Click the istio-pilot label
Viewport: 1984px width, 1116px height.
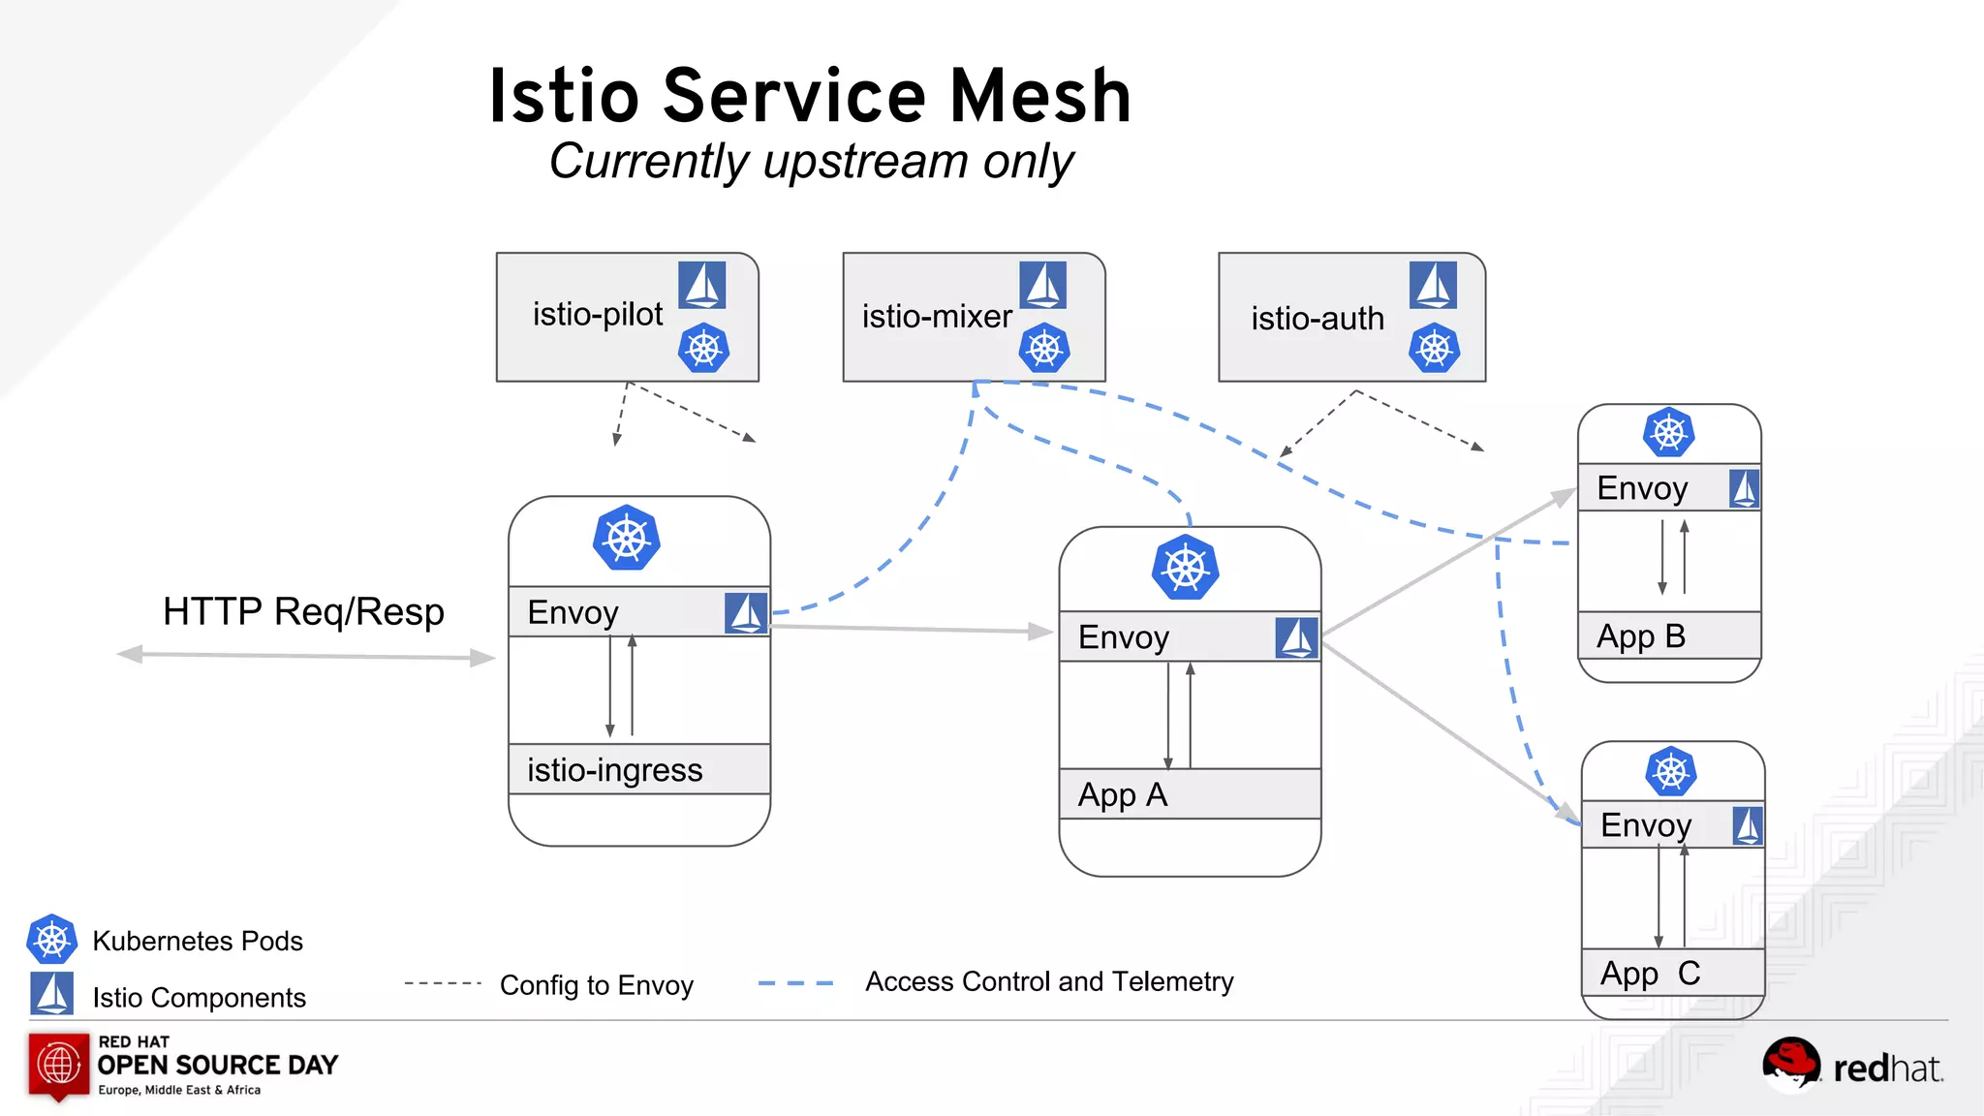pos(598,315)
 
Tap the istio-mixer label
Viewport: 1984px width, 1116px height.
pos(937,317)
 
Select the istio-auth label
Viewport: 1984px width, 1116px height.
pos(1317,319)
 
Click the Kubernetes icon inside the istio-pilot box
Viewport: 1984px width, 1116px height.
pos(703,349)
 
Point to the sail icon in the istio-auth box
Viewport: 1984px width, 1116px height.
pos(1433,285)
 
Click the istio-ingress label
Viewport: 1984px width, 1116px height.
pos(614,770)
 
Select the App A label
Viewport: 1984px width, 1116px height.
pos(1122,795)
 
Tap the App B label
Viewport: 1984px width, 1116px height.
pos(1640,636)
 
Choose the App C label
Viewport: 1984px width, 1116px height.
pos(1650,974)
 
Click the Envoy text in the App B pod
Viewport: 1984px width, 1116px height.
pos(1641,488)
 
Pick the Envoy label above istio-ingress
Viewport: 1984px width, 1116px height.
pos(573,612)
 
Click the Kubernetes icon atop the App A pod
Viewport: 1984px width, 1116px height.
pos(1185,568)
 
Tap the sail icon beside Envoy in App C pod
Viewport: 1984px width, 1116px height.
pos(1748,825)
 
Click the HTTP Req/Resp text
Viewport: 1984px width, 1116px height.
pos(303,612)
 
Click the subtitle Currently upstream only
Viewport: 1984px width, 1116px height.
pos(811,161)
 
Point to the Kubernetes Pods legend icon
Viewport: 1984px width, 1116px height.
pos(51,939)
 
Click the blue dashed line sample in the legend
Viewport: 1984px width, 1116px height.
pos(795,983)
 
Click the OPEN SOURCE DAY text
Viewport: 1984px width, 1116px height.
pos(217,1066)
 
